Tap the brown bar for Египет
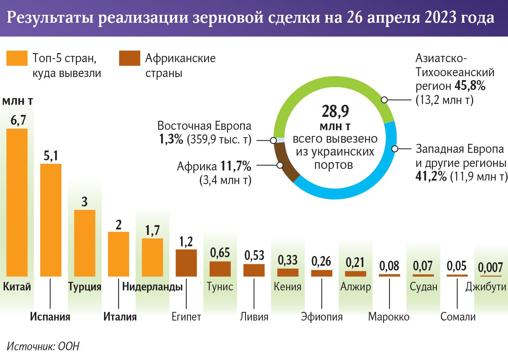tap(186, 263)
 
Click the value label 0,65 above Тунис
tap(220, 253)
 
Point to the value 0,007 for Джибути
tap(490, 268)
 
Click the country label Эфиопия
tap(321, 317)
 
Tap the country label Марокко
tap(389, 317)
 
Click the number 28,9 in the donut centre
tap(335, 112)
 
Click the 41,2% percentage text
tap(431, 176)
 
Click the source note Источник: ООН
tap(43, 346)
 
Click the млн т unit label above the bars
tap(17, 101)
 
